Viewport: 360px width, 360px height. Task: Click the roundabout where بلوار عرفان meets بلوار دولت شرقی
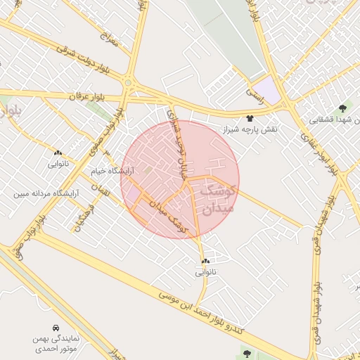(127, 84)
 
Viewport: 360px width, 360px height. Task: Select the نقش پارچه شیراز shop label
(251, 130)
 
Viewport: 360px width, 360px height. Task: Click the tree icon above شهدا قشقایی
(342, 108)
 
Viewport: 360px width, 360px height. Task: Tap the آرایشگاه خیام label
(108, 171)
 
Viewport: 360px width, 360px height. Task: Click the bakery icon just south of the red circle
(205, 261)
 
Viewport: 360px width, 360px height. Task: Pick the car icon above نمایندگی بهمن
(56, 328)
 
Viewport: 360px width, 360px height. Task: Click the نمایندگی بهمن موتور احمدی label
(56, 342)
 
